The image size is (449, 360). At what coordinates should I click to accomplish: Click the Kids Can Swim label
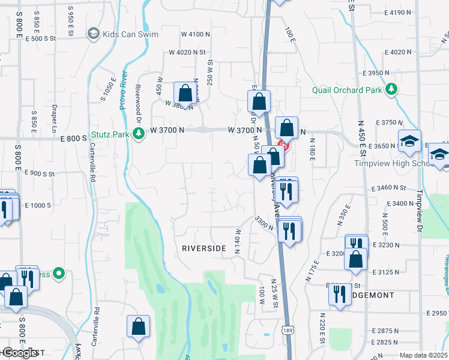130,34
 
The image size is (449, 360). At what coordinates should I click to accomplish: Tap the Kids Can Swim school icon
93,34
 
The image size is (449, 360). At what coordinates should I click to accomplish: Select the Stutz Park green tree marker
139,133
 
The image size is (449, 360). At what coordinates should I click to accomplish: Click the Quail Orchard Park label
348,91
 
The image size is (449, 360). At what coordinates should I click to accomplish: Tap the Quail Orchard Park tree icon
392,89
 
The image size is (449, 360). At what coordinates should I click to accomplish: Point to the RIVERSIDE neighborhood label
204,248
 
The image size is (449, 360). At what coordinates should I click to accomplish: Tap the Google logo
19,353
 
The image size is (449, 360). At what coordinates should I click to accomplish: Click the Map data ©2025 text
424,355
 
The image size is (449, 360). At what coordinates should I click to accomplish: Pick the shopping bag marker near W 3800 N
185,95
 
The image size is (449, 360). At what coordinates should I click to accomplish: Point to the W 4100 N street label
190,34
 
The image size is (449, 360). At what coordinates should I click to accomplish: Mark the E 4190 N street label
393,12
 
